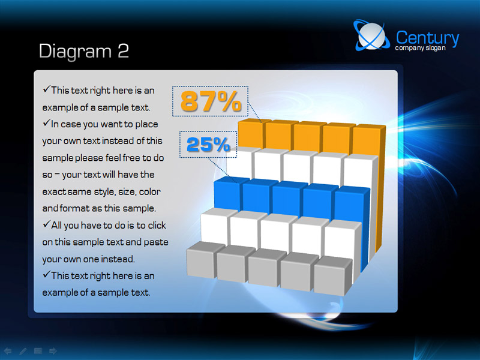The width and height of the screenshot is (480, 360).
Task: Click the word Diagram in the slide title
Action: [76, 52]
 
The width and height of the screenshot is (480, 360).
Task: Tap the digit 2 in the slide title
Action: [123, 50]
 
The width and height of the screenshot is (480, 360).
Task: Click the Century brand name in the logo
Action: [427, 38]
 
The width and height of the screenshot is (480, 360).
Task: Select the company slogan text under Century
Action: [420, 48]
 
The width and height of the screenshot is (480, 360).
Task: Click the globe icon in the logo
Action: [371, 35]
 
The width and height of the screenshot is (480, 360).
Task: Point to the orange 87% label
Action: [211, 101]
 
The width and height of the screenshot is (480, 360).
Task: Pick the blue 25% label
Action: [208, 145]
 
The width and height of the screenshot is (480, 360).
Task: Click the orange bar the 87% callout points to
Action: [250, 133]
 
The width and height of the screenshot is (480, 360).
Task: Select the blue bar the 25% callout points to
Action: [228, 193]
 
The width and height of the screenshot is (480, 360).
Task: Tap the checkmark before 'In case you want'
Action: [46, 123]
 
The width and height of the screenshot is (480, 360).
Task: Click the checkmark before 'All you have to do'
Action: [46, 224]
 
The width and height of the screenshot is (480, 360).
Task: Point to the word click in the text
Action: [157, 226]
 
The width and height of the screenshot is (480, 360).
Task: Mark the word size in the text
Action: [127, 191]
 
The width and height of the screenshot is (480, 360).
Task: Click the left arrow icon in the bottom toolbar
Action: [8, 351]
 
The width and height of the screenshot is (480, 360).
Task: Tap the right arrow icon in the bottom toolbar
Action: [53, 351]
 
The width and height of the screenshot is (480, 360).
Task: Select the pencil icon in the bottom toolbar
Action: [23, 351]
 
